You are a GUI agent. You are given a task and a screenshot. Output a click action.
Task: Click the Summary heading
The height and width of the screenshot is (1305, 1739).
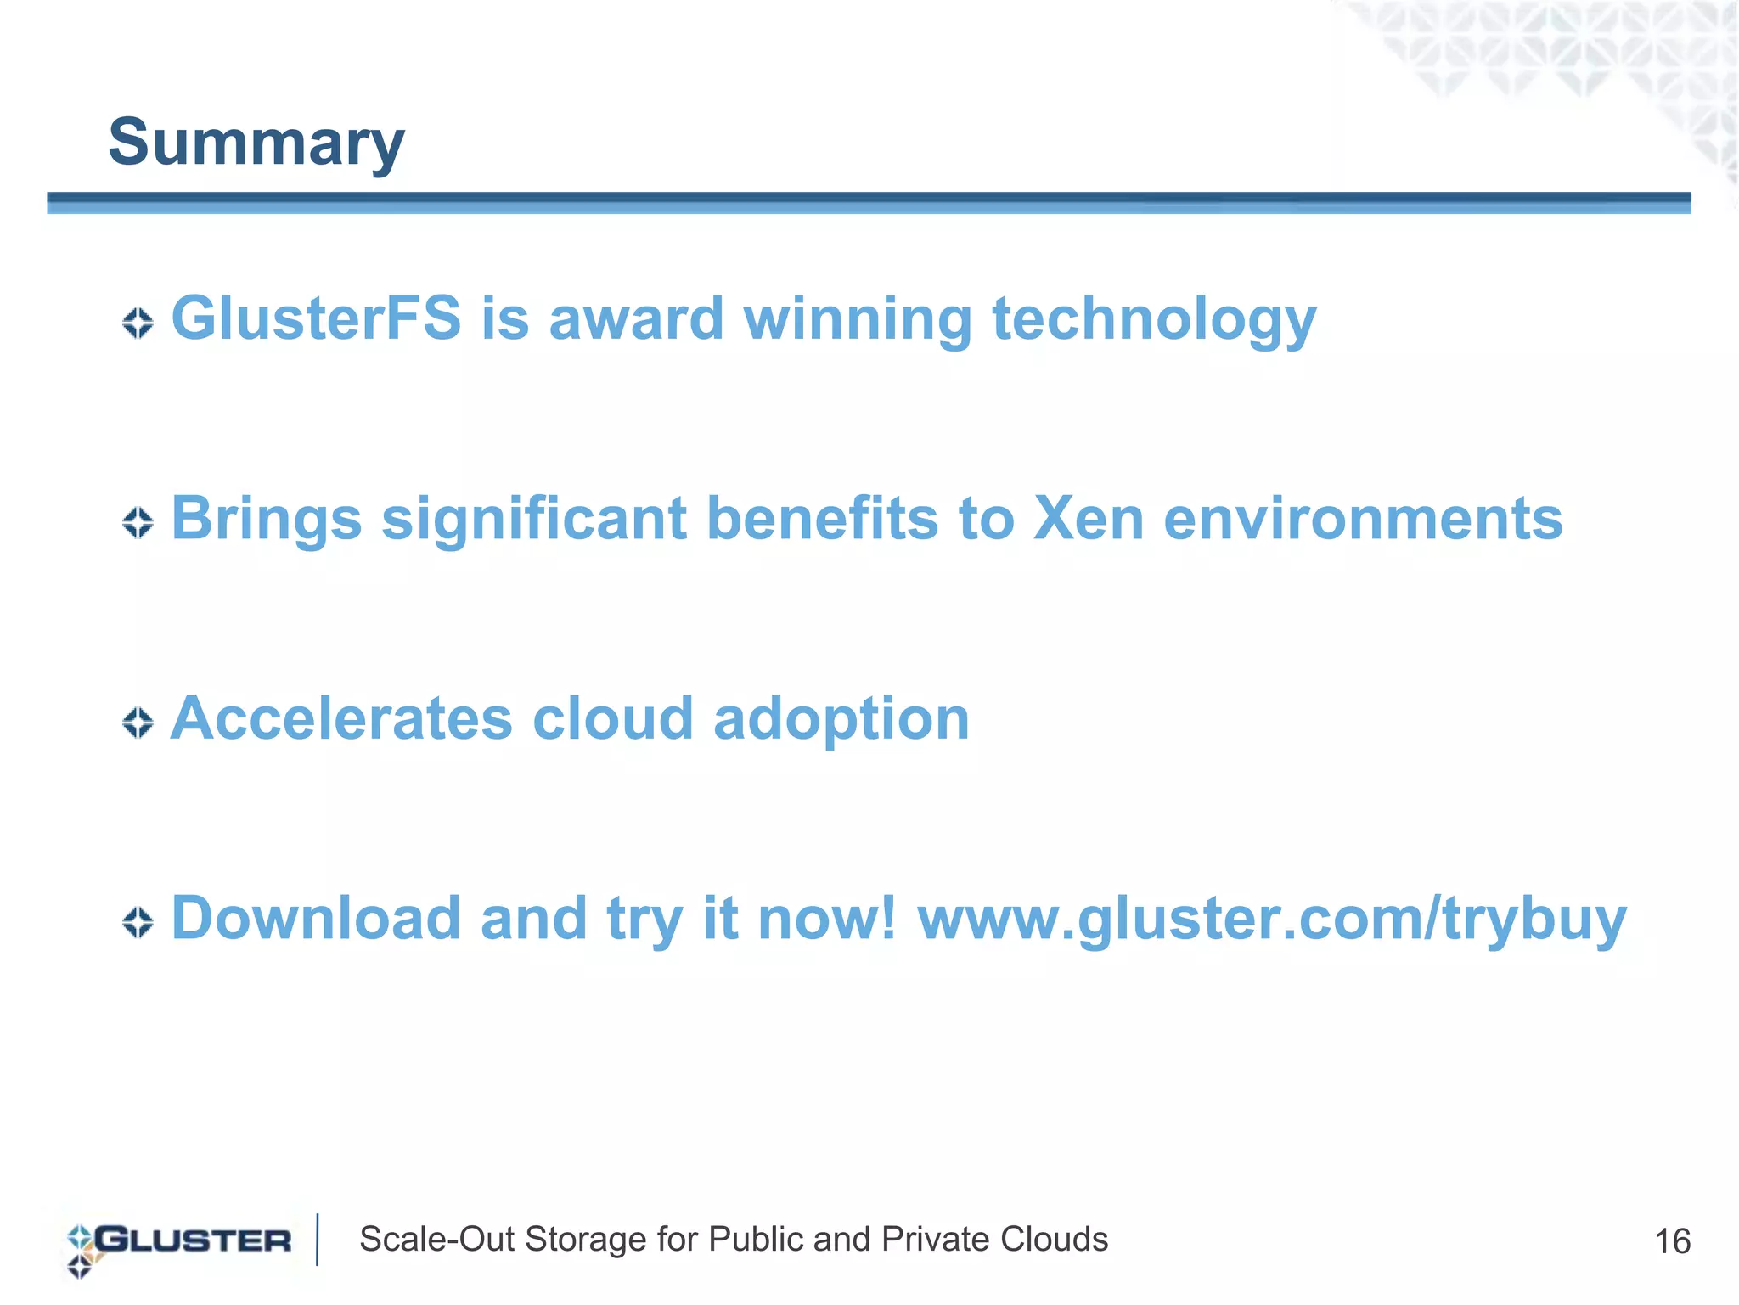[256, 143]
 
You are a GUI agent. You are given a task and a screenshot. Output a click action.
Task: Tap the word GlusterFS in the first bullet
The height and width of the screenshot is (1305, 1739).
[316, 318]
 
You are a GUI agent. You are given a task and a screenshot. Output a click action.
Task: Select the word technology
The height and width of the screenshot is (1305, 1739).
[1154, 321]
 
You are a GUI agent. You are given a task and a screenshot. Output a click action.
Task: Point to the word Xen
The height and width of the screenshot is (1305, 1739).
[1088, 519]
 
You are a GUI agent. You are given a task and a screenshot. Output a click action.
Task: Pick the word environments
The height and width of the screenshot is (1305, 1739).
[1362, 519]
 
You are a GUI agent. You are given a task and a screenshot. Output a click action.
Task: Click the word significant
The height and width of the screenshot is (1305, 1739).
[533, 520]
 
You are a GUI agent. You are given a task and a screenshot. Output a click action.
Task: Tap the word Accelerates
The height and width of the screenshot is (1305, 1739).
[341, 718]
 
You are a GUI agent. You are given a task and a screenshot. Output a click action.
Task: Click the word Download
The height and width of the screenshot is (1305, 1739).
[316, 918]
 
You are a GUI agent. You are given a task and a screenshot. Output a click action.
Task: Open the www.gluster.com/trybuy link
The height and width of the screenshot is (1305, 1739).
[1271, 920]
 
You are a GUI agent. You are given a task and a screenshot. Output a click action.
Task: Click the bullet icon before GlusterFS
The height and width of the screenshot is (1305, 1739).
[138, 323]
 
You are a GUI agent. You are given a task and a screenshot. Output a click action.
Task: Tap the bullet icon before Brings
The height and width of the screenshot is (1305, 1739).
[138, 523]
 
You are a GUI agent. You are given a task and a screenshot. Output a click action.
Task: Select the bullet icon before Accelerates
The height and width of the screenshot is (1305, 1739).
[138, 723]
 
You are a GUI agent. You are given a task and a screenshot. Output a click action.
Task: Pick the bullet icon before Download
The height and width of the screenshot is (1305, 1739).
[138, 922]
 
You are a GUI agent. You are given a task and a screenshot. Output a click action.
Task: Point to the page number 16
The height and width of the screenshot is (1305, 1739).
[1672, 1241]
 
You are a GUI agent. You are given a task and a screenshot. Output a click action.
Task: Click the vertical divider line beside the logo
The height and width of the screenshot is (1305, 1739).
[318, 1240]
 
